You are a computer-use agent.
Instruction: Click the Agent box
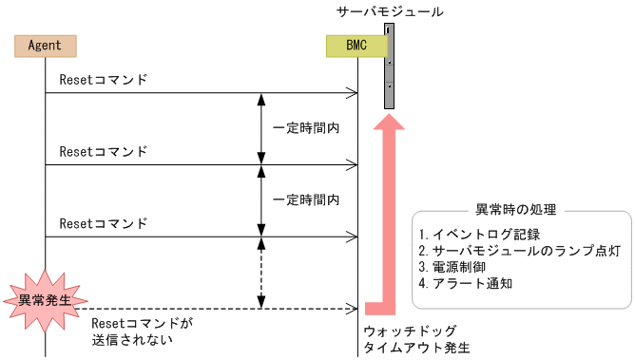tap(45, 45)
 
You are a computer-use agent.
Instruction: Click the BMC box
tap(356, 45)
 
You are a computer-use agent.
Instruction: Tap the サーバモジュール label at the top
tap(390, 11)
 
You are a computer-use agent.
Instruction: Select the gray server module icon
tap(389, 66)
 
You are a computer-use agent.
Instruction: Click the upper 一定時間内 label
tap(306, 127)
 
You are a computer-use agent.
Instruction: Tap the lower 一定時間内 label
tap(306, 199)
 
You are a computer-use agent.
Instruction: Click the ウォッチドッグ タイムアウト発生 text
tap(416, 340)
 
